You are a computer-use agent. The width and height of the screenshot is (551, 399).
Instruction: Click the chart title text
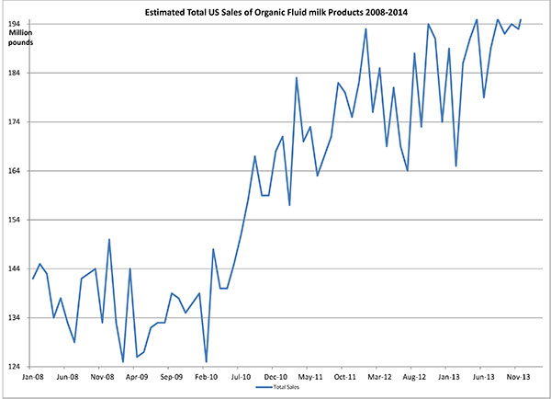coord(286,11)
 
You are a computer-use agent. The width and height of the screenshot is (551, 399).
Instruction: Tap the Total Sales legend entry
coord(276,389)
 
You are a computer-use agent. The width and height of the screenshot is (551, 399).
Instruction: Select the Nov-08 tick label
coord(102,377)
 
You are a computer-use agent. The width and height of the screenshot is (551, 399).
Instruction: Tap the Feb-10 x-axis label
coord(207,377)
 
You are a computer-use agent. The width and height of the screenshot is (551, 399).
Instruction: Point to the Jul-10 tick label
coord(242,377)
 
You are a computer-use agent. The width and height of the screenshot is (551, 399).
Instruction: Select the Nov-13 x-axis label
coord(519,377)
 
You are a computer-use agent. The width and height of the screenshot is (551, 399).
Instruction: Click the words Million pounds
coord(20,39)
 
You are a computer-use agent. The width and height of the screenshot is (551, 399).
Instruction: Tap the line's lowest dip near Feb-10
coord(206,361)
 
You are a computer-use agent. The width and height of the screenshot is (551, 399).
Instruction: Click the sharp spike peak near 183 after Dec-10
coord(297,77)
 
